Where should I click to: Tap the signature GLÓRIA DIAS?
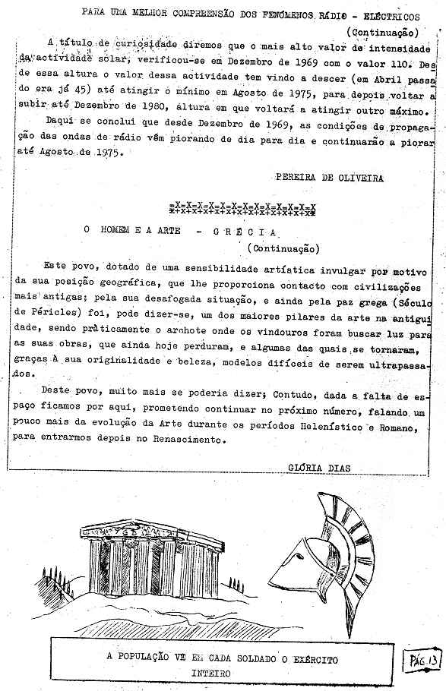click(x=320, y=467)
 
